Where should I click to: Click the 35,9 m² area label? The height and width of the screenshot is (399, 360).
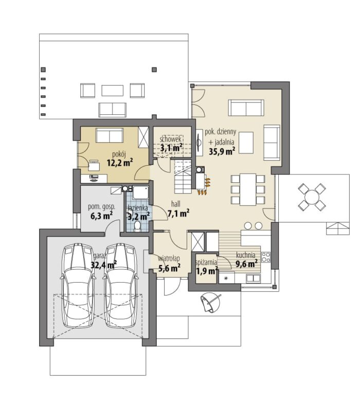(222, 151)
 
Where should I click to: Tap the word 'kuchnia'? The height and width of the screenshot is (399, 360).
(246, 255)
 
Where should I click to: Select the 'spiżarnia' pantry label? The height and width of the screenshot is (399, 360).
(206, 263)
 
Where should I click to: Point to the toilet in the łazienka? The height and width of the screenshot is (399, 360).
(137, 226)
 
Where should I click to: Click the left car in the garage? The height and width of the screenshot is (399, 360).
(78, 286)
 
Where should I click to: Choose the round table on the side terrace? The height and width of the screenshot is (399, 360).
(312, 197)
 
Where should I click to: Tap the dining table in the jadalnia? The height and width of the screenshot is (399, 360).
(248, 189)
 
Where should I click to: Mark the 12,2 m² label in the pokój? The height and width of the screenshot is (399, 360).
(120, 162)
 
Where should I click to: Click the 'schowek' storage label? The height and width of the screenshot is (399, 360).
(170, 139)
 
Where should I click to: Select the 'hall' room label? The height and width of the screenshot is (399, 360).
(176, 203)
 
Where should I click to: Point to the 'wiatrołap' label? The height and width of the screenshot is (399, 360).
(169, 258)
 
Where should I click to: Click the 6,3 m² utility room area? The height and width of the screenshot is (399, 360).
(101, 216)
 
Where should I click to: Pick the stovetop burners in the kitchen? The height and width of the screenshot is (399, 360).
(266, 257)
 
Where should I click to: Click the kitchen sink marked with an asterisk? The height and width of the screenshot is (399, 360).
(226, 278)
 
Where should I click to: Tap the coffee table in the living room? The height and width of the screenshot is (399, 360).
(246, 143)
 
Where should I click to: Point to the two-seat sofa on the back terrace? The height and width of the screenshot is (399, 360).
(113, 110)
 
